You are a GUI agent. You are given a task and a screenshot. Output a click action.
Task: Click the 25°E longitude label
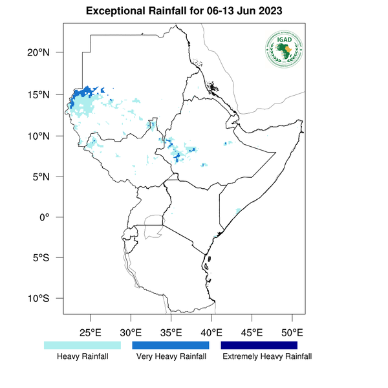coord(90,332)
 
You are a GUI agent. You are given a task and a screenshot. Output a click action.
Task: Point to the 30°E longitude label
coord(131,332)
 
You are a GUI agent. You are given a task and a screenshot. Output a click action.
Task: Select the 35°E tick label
coord(171,332)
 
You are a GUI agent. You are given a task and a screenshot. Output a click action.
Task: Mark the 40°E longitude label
coord(211,332)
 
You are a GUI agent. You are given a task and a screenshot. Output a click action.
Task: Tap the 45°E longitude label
coord(252,332)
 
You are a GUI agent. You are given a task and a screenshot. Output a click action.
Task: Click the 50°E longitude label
coord(292,332)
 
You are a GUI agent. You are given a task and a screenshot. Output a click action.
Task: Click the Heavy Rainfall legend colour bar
coord(82,345)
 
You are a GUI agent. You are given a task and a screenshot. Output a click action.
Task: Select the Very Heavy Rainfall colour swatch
coord(171,345)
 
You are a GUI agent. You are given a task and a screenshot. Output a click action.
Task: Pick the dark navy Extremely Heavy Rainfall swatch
coord(259,345)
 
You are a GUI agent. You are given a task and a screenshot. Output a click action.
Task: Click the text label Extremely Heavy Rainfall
coord(267,356)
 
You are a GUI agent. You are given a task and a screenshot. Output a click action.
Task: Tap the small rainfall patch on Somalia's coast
coord(238,211)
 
